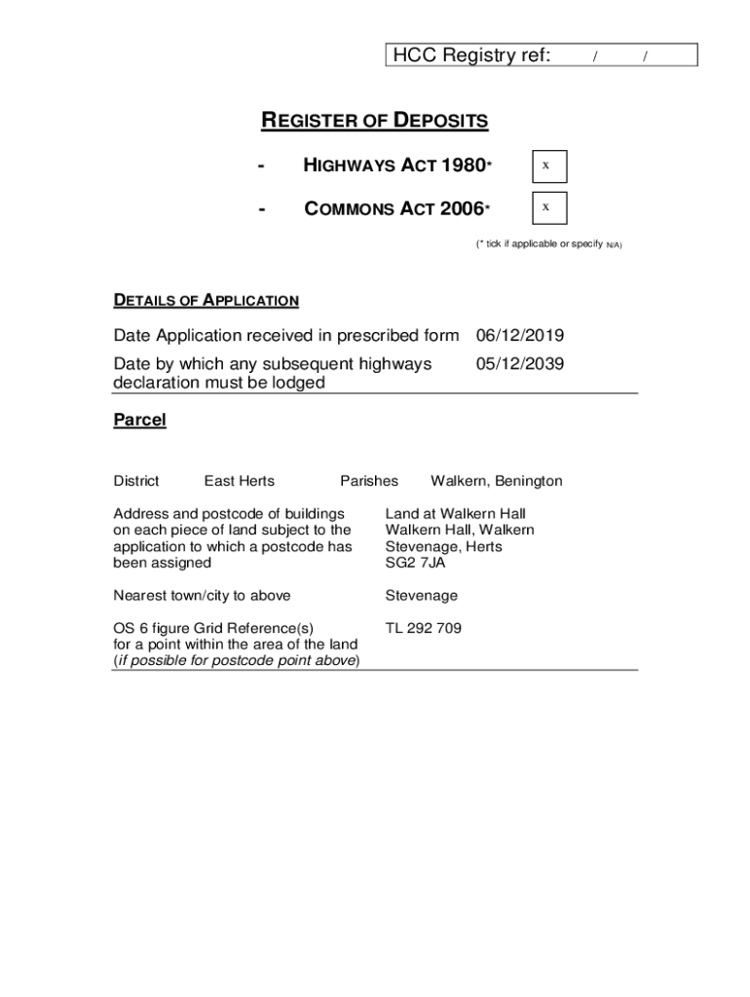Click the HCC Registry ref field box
tap(542, 55)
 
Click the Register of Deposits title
tap(375, 122)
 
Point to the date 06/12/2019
tap(519, 336)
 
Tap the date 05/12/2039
tap(519, 364)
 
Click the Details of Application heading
tap(206, 301)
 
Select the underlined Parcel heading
tap(140, 421)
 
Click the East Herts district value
tap(239, 481)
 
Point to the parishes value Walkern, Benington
tap(497, 481)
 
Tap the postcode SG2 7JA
tap(415, 563)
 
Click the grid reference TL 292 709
tap(423, 628)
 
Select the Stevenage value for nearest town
tap(421, 595)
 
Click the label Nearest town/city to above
tap(202, 595)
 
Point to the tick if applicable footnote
tap(548, 244)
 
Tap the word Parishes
tap(369, 481)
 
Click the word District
tap(136, 481)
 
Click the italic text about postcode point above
tap(237, 661)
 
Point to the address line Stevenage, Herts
tap(443, 546)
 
